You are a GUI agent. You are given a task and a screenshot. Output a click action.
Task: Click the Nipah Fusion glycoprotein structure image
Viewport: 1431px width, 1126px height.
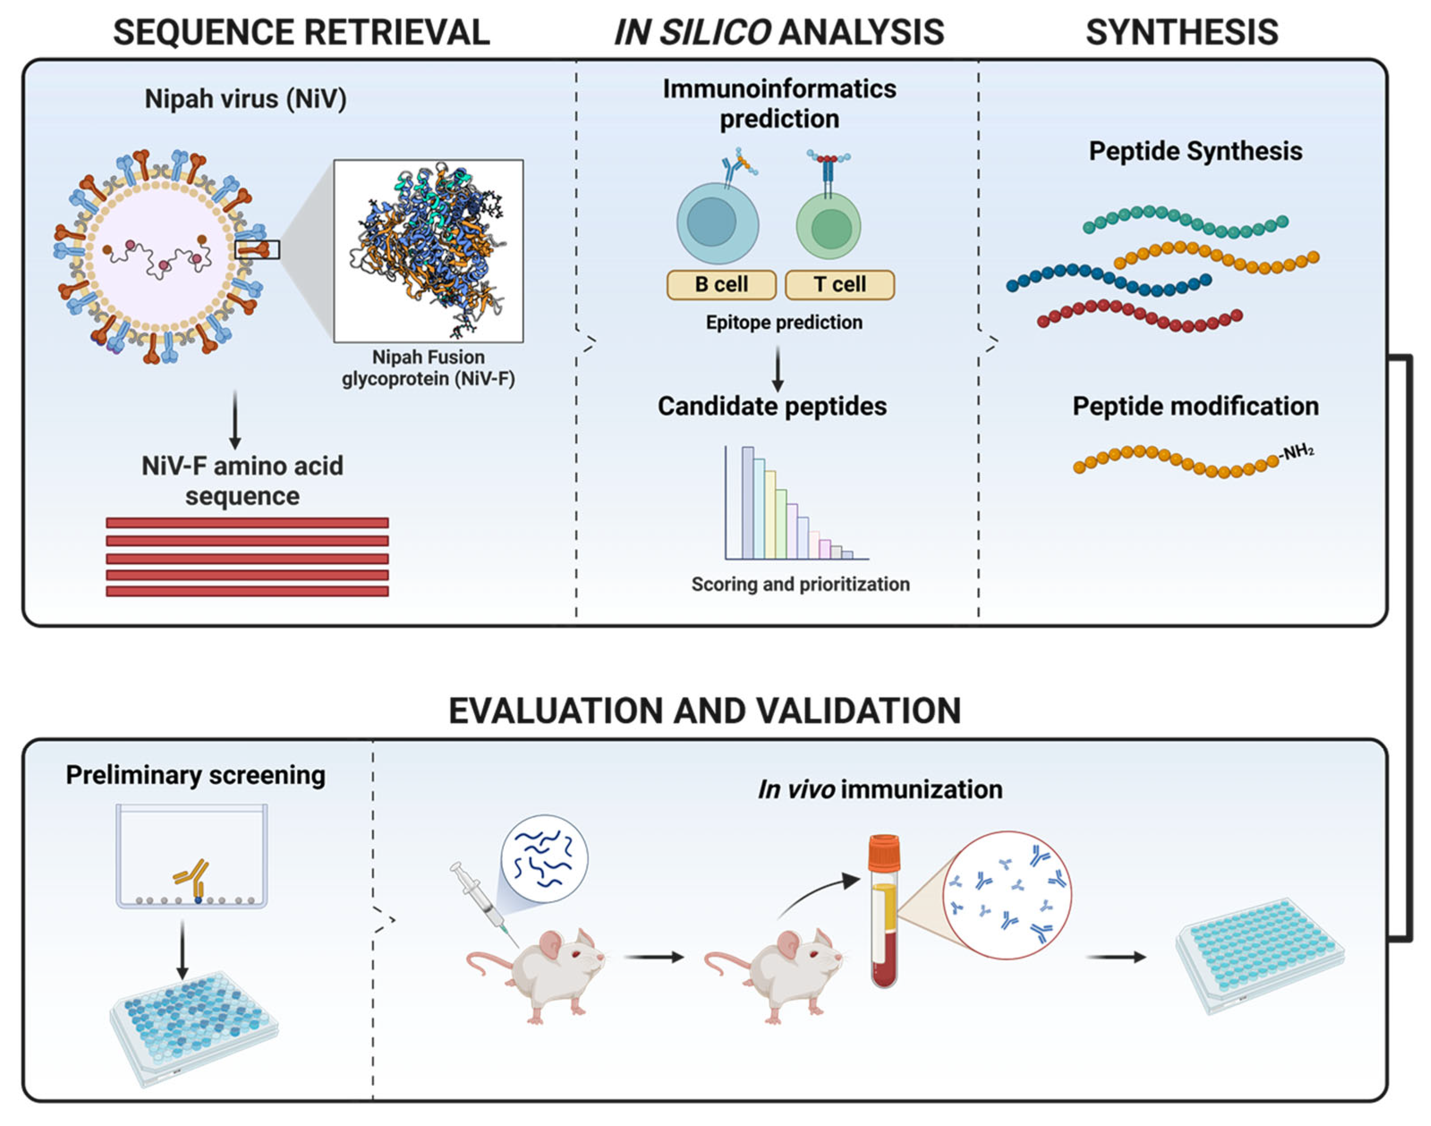pos(428,250)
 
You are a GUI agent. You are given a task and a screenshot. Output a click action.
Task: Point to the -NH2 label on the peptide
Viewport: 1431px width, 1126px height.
pos(1296,452)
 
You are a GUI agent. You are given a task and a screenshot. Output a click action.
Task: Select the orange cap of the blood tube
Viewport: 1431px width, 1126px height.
pos(883,852)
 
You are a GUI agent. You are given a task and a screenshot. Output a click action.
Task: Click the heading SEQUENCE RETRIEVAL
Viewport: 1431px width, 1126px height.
pos(301,32)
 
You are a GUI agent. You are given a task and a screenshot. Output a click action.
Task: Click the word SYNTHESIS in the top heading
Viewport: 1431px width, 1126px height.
pos(1182,32)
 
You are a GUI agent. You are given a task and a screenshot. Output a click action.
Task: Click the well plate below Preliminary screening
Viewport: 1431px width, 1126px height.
pos(193,1029)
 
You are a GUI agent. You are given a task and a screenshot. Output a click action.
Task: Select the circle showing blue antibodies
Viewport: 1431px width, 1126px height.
pos(1006,895)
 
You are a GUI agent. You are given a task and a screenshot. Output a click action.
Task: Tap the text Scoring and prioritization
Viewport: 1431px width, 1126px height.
pos(800,584)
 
